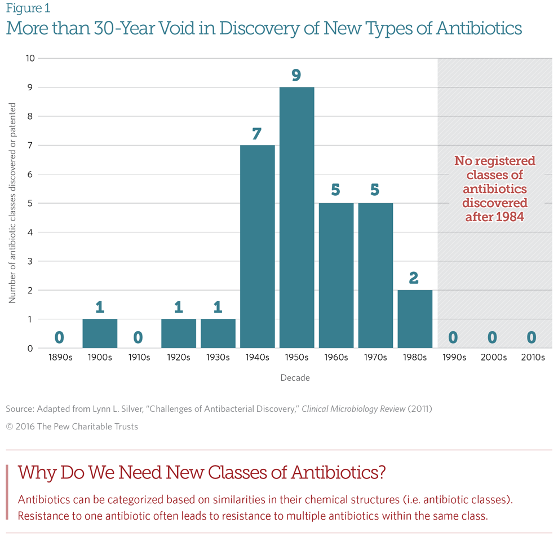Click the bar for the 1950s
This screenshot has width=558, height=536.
click(x=296, y=217)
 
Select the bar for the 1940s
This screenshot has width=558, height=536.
click(x=257, y=247)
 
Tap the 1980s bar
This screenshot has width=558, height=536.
click(x=414, y=319)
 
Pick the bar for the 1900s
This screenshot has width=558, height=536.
click(x=100, y=333)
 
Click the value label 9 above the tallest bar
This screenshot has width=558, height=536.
click(x=296, y=75)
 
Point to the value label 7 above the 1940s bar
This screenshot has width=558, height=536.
click(x=257, y=133)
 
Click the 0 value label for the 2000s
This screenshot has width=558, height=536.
click(x=492, y=337)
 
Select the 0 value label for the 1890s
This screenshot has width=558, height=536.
click(x=59, y=337)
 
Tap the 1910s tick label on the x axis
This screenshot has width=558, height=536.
click(x=139, y=358)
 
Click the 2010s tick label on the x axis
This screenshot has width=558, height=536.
click(x=532, y=358)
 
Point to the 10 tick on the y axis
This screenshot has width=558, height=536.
click(x=30, y=58)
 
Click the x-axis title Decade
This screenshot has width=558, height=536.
click(x=295, y=378)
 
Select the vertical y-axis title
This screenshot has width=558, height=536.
click(x=12, y=203)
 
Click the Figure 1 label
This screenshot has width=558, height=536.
click(x=28, y=8)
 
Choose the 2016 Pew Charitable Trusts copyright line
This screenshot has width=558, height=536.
click(x=72, y=427)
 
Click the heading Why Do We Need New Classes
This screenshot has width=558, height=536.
click(x=201, y=472)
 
